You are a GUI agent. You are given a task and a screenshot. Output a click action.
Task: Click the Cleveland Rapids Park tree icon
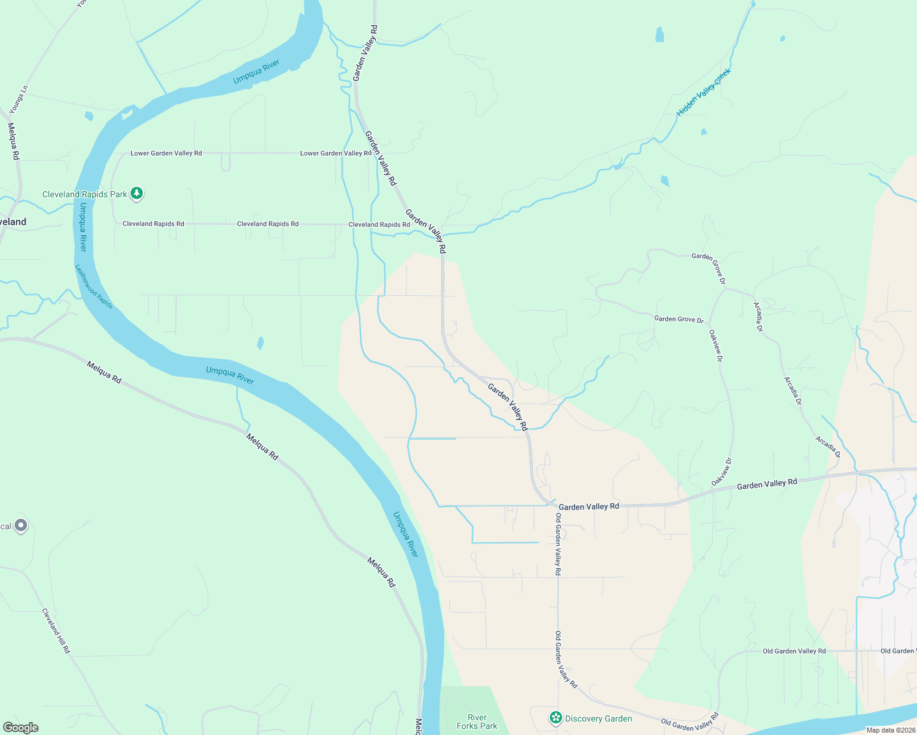pos(137,194)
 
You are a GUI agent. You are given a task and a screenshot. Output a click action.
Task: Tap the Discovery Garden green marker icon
pos(556,718)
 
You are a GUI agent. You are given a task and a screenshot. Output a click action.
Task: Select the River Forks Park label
pos(477,722)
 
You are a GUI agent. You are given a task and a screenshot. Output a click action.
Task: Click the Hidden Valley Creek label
pos(704,93)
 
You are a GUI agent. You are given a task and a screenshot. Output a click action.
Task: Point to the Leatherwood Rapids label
pos(94,286)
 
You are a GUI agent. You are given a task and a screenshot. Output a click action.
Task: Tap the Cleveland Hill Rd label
pos(56,630)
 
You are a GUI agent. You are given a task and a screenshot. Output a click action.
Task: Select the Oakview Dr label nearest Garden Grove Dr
pos(715,345)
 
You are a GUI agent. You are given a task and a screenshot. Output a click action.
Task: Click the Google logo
pos(20,728)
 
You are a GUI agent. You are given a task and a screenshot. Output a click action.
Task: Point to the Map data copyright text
pos(891,730)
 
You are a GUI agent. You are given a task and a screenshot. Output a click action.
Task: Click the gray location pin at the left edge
pos(21,526)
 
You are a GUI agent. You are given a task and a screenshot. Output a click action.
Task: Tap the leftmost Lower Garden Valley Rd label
pos(166,153)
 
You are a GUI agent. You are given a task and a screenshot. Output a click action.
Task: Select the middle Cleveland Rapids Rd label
pos(268,224)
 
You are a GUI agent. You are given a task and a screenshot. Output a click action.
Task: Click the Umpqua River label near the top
pos(256,72)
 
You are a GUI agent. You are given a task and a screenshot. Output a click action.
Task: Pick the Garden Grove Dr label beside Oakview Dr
pos(679,319)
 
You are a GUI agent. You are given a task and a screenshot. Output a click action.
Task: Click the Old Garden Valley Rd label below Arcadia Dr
pos(794,651)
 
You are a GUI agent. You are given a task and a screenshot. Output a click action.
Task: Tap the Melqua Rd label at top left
pos(13,141)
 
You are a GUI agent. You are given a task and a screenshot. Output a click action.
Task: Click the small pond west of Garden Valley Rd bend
pos(261,343)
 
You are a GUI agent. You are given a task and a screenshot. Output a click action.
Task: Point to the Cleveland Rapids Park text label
pos(85,194)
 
